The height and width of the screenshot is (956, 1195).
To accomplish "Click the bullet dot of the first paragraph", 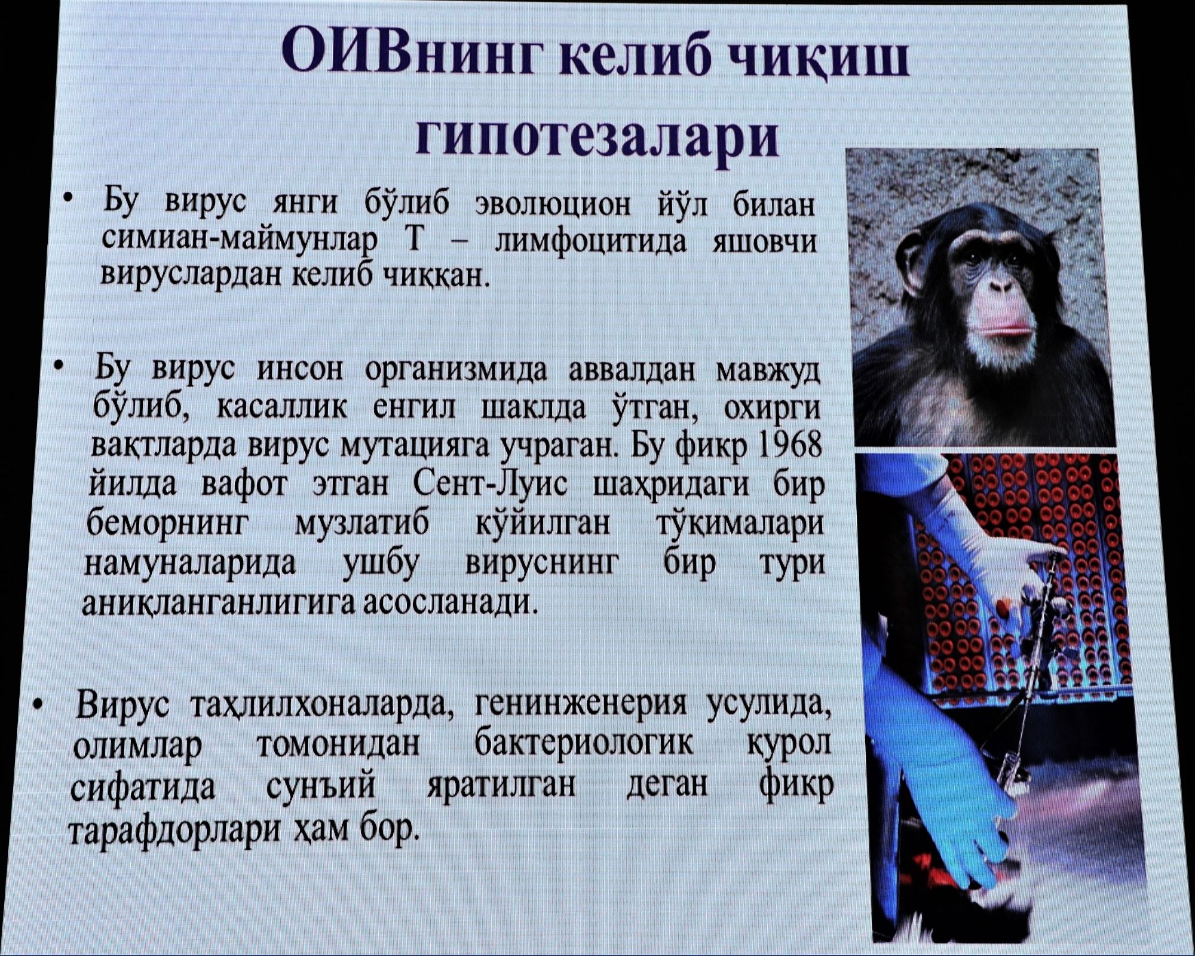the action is (71, 198).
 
